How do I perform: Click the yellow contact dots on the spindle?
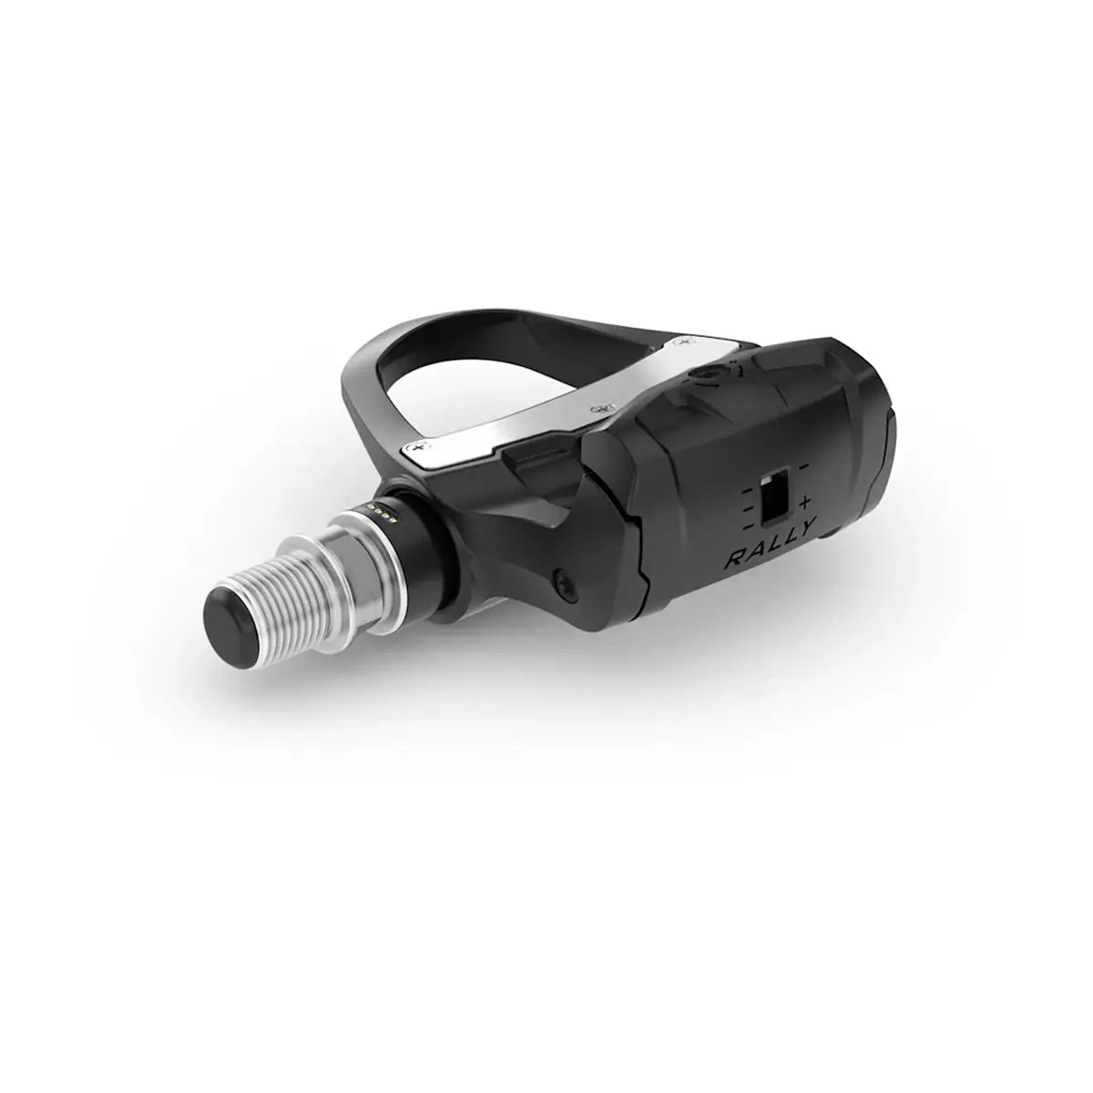click(384, 516)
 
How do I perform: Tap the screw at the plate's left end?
click(419, 446)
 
